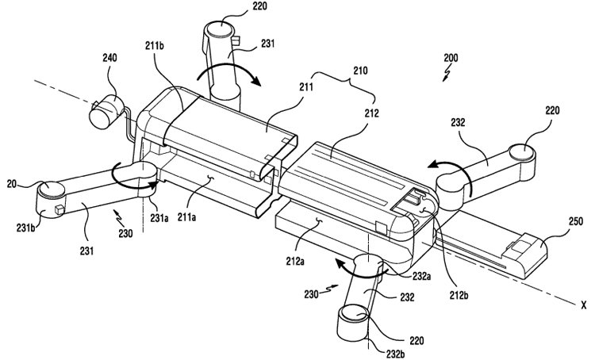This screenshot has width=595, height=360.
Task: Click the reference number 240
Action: pos(109,58)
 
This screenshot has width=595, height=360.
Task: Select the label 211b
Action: pos(155,46)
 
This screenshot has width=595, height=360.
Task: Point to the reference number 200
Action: pos(451,58)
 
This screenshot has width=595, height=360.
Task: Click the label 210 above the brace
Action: pos(360,71)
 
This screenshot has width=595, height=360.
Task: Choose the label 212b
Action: pos(458,294)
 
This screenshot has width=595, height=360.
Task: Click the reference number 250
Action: pos(576,221)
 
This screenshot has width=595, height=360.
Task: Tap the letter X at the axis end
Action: pos(583,304)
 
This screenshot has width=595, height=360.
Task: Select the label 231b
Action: pos(26,228)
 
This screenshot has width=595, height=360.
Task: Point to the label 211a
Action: pos(186,217)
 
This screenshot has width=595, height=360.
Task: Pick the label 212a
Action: pos(295,262)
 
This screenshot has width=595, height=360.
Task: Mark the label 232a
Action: pos(421,276)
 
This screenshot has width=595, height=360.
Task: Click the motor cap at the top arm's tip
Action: pos(219,29)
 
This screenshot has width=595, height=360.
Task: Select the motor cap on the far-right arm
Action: pos(522,151)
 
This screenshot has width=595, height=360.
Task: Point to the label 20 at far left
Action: pos(11,184)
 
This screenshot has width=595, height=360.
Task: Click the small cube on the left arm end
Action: pos(59,209)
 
